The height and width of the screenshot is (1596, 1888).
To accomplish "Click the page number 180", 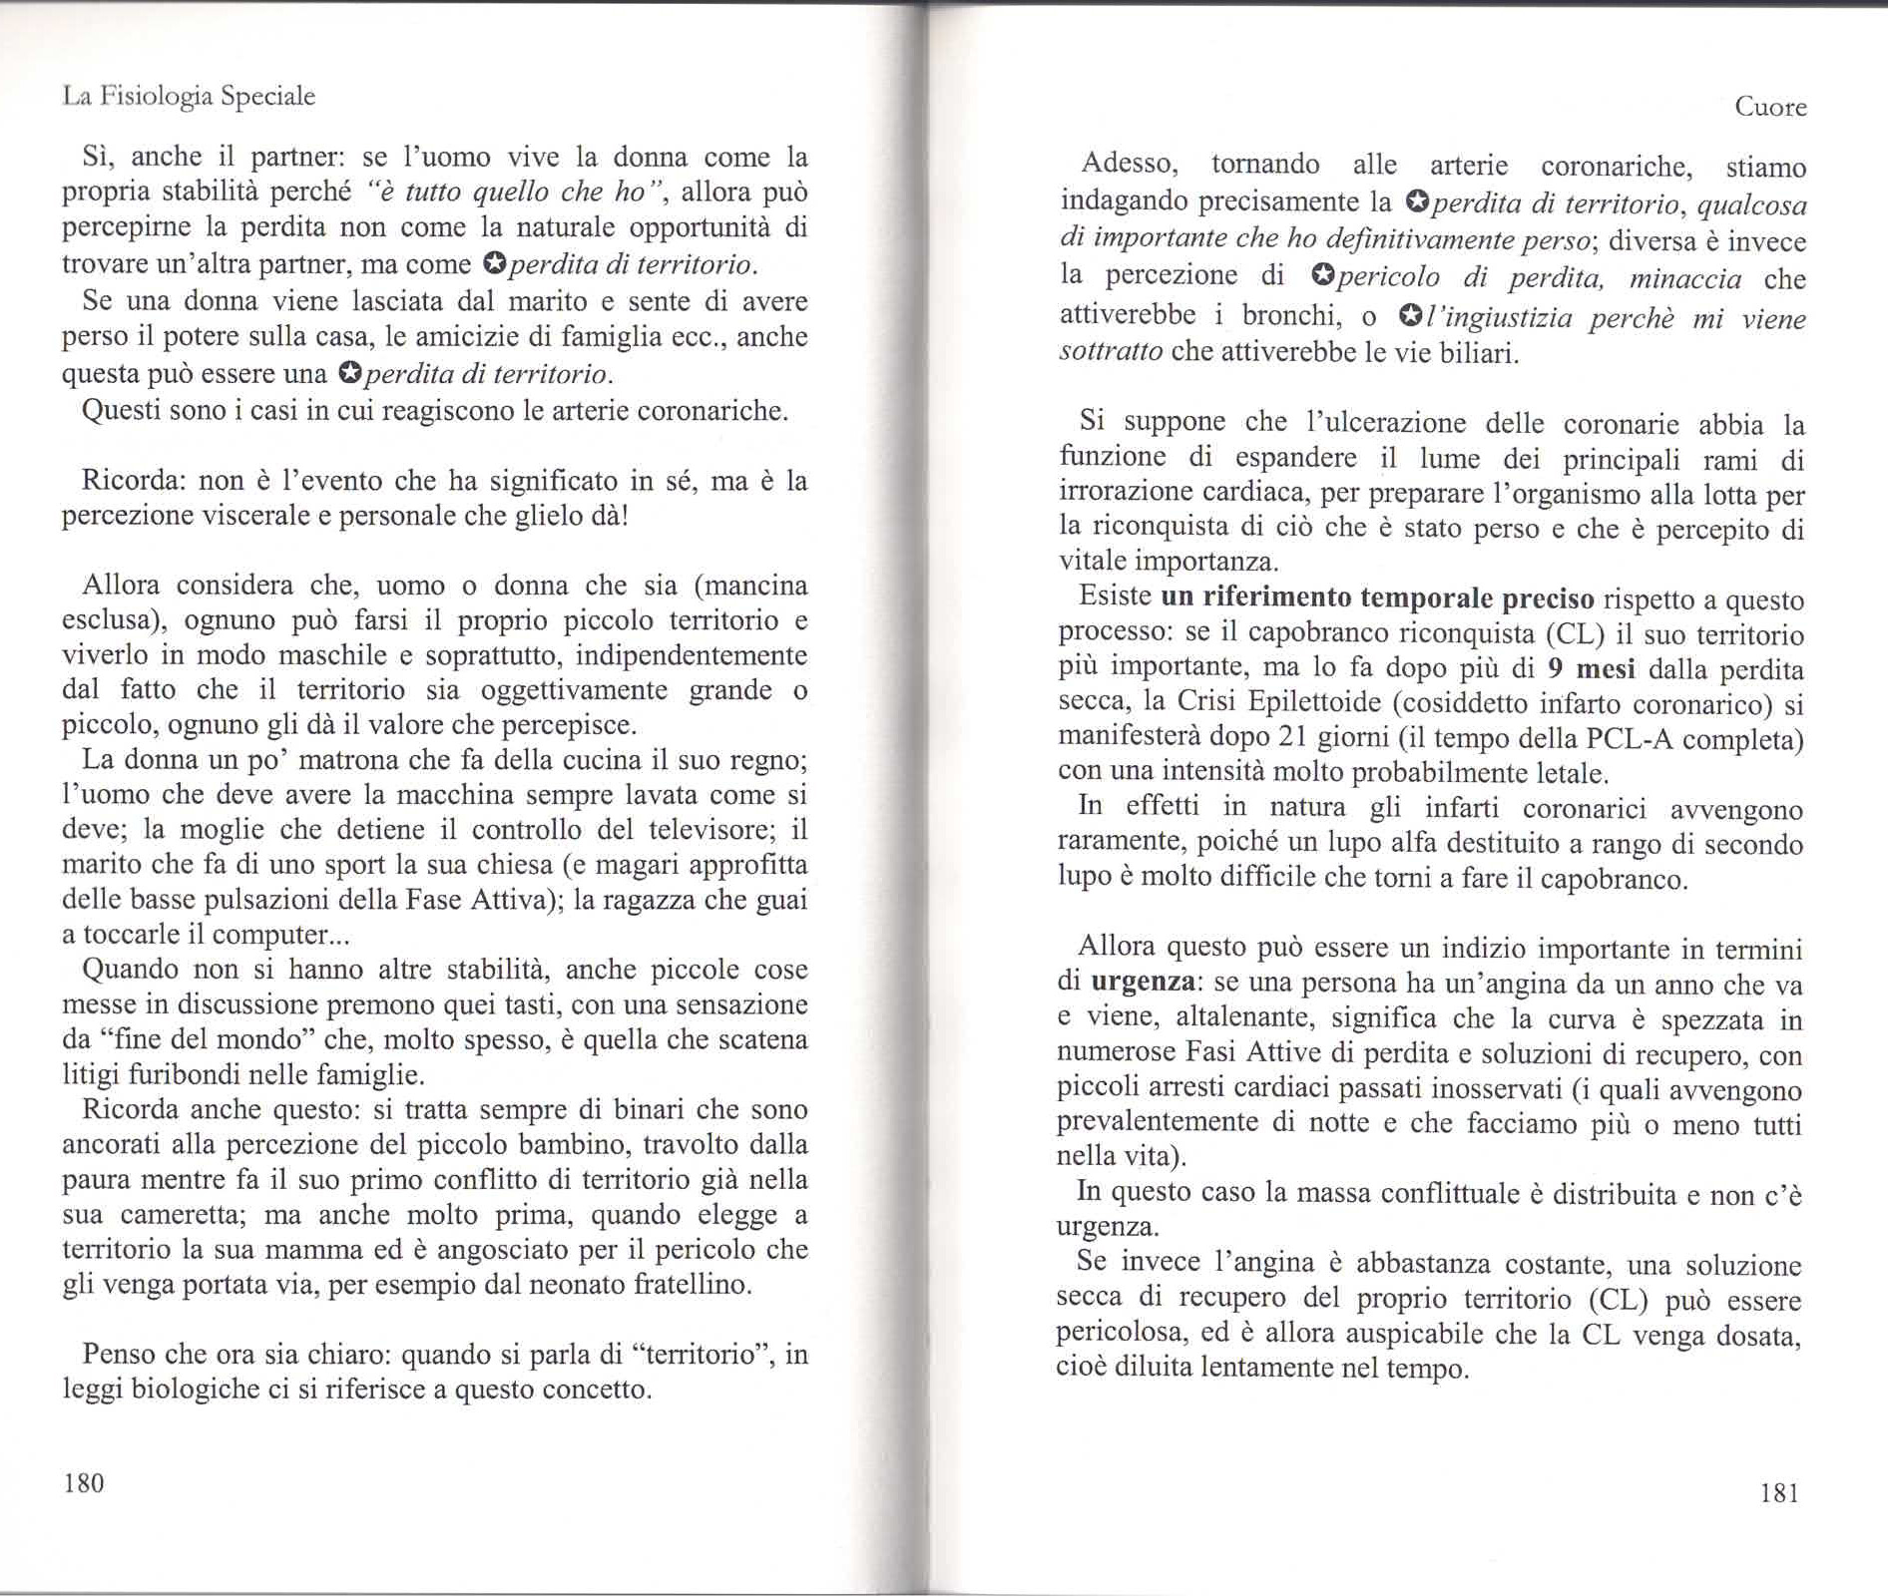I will click(x=84, y=1483).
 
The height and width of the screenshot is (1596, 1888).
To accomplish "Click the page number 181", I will click(x=1779, y=1492).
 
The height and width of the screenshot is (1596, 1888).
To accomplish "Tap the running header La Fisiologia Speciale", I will click(x=189, y=96).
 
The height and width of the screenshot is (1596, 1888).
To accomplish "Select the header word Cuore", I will click(x=1770, y=107).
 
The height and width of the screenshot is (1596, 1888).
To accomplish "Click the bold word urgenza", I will click(x=1144, y=982).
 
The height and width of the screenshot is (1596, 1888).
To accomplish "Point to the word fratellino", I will click(x=691, y=1284).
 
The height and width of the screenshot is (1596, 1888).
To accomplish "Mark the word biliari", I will click(x=1481, y=352).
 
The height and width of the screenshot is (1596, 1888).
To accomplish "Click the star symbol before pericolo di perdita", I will click(x=1323, y=275).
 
